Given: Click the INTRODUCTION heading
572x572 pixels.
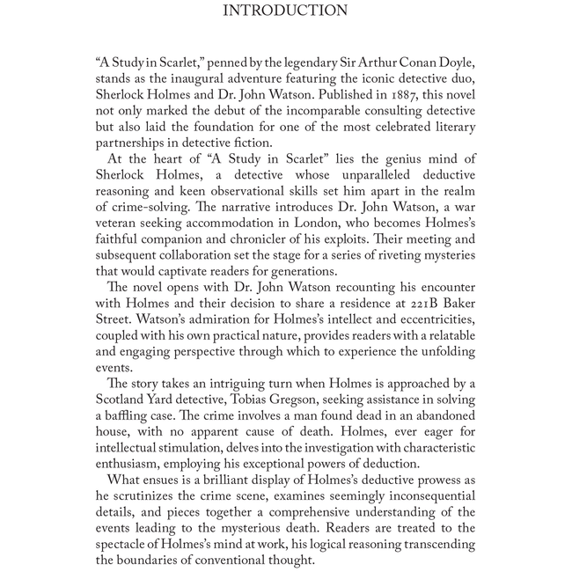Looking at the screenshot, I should point(285,11).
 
